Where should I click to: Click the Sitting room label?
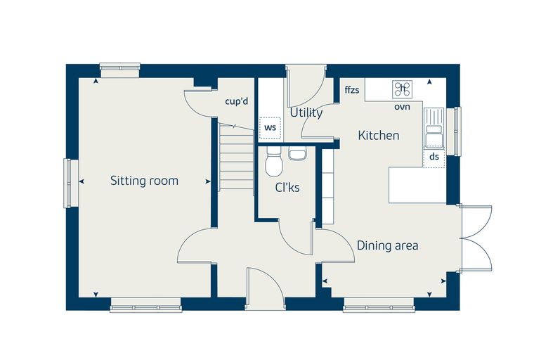click(145, 181)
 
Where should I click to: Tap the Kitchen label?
click(379, 135)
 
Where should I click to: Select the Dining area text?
click(388, 245)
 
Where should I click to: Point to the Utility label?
click(306, 112)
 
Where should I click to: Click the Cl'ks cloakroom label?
click(287, 188)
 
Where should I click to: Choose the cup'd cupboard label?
click(237, 101)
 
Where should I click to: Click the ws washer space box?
click(270, 128)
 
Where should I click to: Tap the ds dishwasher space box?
click(434, 157)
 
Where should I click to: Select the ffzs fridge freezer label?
click(352, 90)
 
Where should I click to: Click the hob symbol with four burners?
click(403, 89)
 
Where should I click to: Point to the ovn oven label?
click(402, 107)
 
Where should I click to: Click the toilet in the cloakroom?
click(274, 162)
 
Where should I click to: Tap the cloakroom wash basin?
click(298, 153)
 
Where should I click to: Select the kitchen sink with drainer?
click(434, 128)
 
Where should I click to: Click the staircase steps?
click(236, 157)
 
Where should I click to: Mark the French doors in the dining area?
click(475, 238)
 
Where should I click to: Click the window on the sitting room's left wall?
click(67, 184)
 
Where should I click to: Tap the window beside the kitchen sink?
click(457, 131)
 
